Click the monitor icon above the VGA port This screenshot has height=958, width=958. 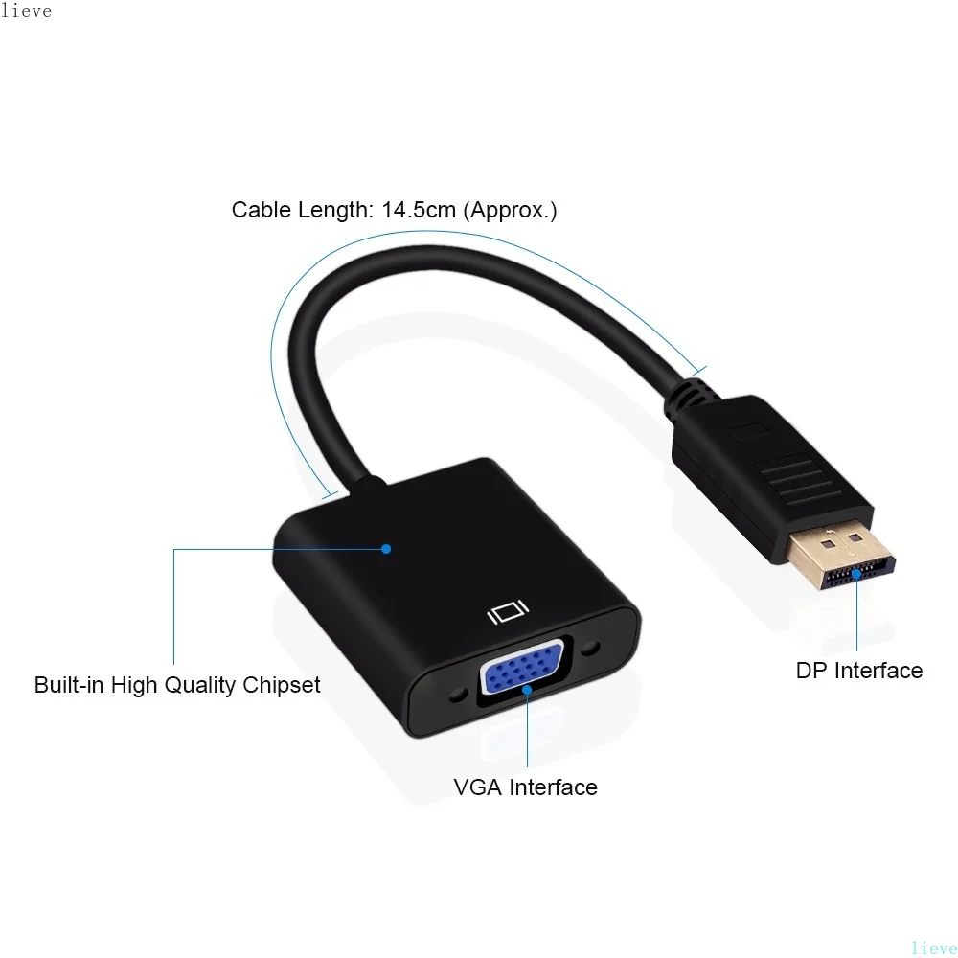pyautogui.click(x=508, y=610)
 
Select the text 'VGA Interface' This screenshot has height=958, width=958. pyautogui.click(x=525, y=787)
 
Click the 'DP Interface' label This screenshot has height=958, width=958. pyautogui.click(x=858, y=671)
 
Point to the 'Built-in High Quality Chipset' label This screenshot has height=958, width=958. pyautogui.click(x=177, y=685)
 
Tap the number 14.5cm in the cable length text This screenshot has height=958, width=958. pyautogui.click(x=419, y=210)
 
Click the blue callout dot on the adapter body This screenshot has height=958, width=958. pyautogui.click(x=386, y=549)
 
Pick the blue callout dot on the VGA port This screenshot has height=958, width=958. pyautogui.click(x=526, y=688)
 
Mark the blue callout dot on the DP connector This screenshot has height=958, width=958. pyautogui.click(x=856, y=576)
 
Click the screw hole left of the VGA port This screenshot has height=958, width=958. pyautogui.click(x=457, y=692)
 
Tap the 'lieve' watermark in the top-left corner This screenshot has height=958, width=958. pyautogui.click(x=27, y=11)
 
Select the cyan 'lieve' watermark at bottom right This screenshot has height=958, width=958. pyautogui.click(x=933, y=947)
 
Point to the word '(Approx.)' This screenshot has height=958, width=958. pyautogui.click(x=510, y=210)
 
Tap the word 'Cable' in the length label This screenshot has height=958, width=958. pyautogui.click(x=261, y=210)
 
